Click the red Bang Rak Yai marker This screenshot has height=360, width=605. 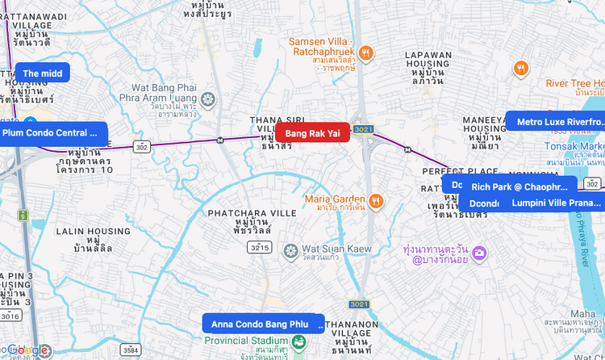[312, 133]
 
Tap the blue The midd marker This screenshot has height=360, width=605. [43, 73]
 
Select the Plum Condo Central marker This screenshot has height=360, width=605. [50, 132]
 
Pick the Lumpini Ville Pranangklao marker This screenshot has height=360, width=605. [557, 202]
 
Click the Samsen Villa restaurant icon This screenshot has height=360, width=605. [365, 52]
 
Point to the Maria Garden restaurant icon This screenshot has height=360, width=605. [376, 199]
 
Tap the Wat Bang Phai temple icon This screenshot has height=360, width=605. [209, 99]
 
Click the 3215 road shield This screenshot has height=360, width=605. [259, 248]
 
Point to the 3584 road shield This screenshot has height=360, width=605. [130, 350]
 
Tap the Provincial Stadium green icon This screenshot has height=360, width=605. [299, 342]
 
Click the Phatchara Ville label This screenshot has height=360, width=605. [252, 213]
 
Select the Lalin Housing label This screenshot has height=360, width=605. [93, 231]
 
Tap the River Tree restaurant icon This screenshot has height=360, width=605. [522, 69]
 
